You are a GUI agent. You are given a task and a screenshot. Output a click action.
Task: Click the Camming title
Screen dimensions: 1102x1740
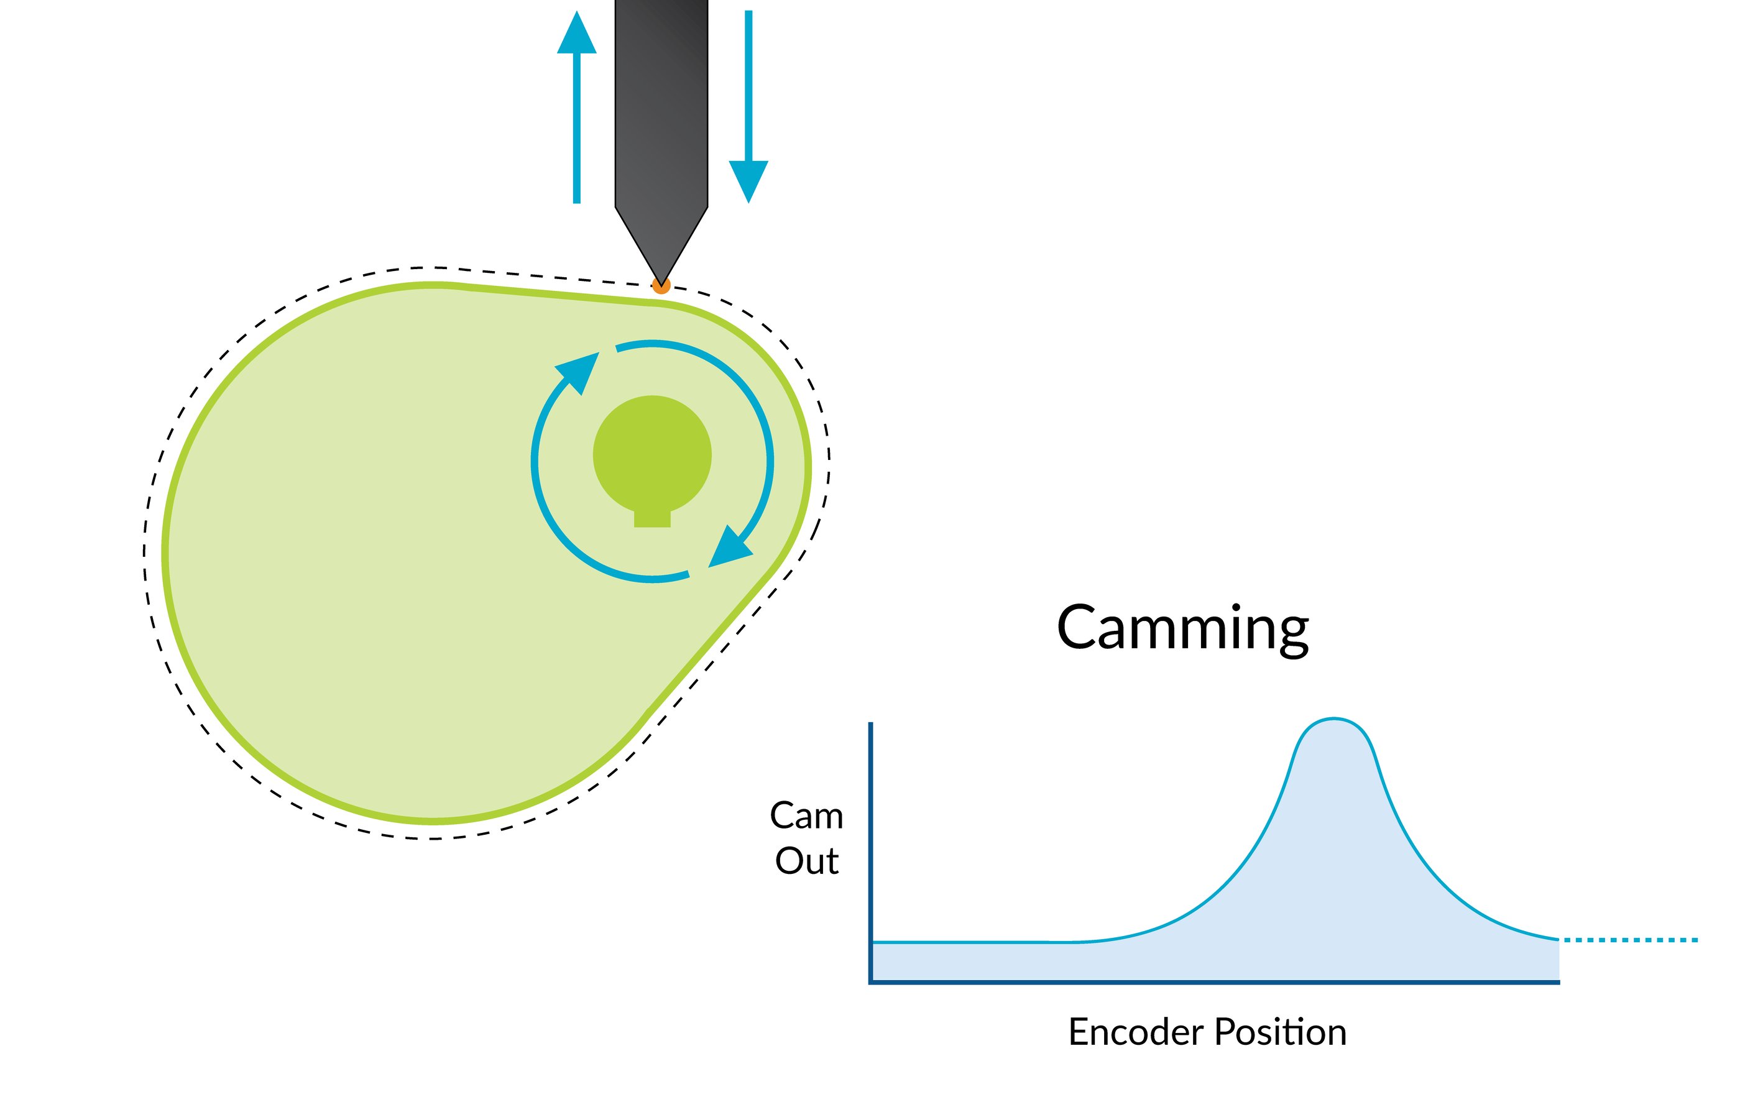[1182, 628]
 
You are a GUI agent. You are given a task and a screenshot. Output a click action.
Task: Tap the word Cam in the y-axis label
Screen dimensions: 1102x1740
[806, 817]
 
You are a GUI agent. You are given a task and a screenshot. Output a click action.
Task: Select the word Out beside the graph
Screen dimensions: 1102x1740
[806, 861]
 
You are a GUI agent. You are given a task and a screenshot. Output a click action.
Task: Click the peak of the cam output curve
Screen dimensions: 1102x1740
[1333, 719]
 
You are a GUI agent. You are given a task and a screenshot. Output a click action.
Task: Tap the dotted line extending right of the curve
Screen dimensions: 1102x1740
[1629, 940]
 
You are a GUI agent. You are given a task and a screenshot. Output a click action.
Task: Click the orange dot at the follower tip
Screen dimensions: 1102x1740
[660, 285]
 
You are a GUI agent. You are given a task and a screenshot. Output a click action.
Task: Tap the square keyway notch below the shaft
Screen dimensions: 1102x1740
[651, 519]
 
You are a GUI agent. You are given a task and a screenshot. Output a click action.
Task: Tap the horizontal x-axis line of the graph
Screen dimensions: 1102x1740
[1214, 982]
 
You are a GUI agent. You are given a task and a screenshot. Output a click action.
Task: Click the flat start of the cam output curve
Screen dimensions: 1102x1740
[961, 942]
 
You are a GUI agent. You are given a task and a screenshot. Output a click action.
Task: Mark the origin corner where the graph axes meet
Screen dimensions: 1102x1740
[872, 982]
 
